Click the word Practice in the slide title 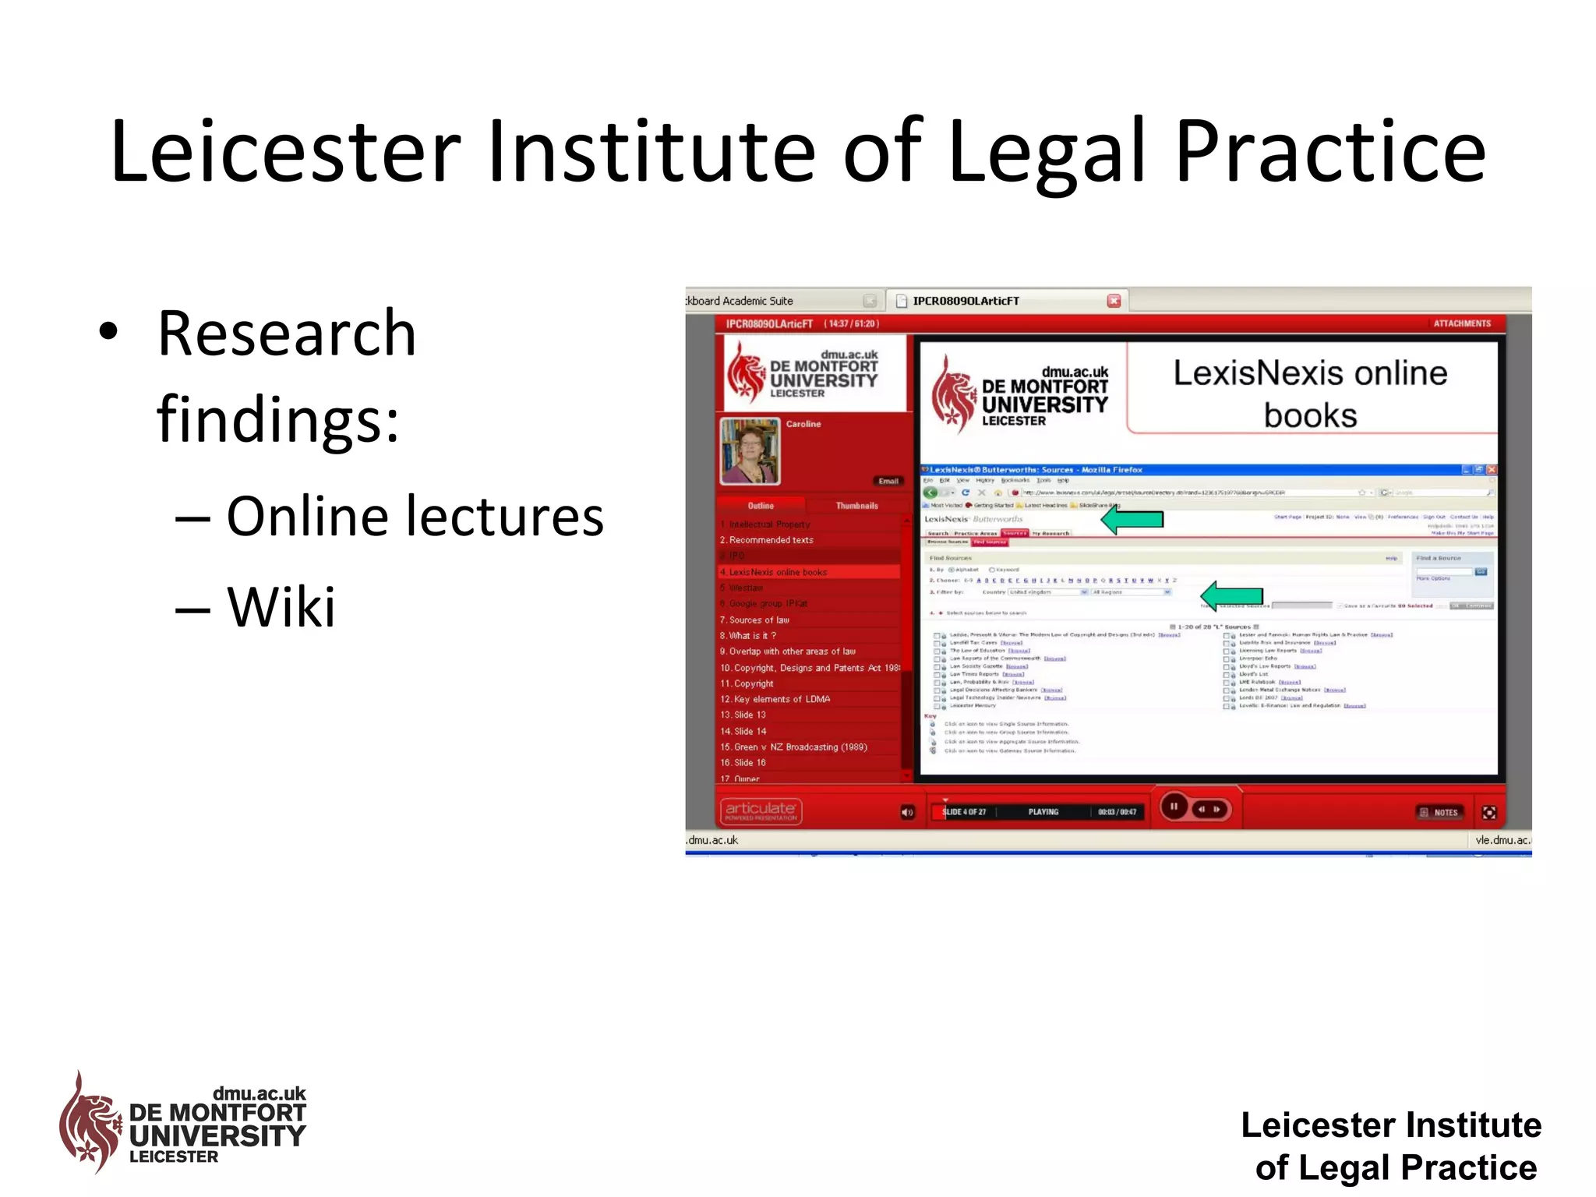click(1330, 152)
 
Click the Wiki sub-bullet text click(281, 606)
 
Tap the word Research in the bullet click(287, 334)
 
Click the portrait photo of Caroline click(750, 451)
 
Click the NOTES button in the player click(1439, 812)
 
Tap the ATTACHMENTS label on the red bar click(1462, 323)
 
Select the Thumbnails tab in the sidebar click(856, 506)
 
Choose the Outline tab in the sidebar click(761, 506)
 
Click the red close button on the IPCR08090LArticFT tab click(1114, 301)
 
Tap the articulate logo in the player click(761, 810)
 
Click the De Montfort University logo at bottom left click(183, 1124)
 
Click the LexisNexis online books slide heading click(1310, 394)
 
